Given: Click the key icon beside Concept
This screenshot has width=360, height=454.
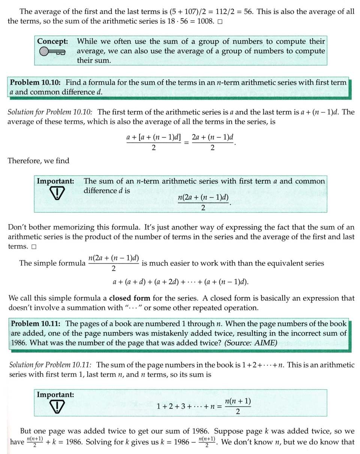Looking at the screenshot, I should coord(52,52).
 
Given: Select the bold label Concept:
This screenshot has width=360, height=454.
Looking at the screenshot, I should coord(53,42).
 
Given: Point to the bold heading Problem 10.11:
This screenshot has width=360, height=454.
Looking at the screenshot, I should coord(36,324).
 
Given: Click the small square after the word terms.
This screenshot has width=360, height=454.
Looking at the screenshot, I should coord(34,247).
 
